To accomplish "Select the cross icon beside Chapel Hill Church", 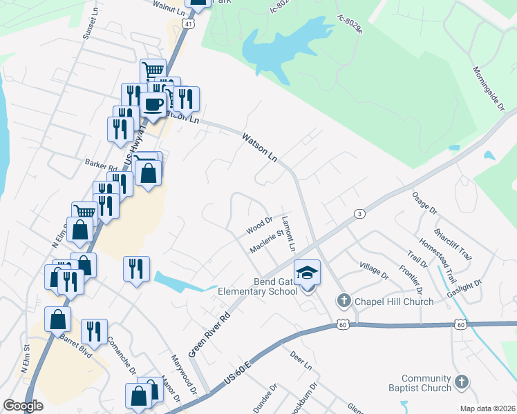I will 344,301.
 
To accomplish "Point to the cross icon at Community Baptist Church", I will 461,382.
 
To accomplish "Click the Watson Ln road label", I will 259,148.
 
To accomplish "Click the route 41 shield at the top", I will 189,23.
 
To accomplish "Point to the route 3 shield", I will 359,214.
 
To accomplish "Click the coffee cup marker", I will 153,105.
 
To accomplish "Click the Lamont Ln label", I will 288,234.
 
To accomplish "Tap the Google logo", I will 23,406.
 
